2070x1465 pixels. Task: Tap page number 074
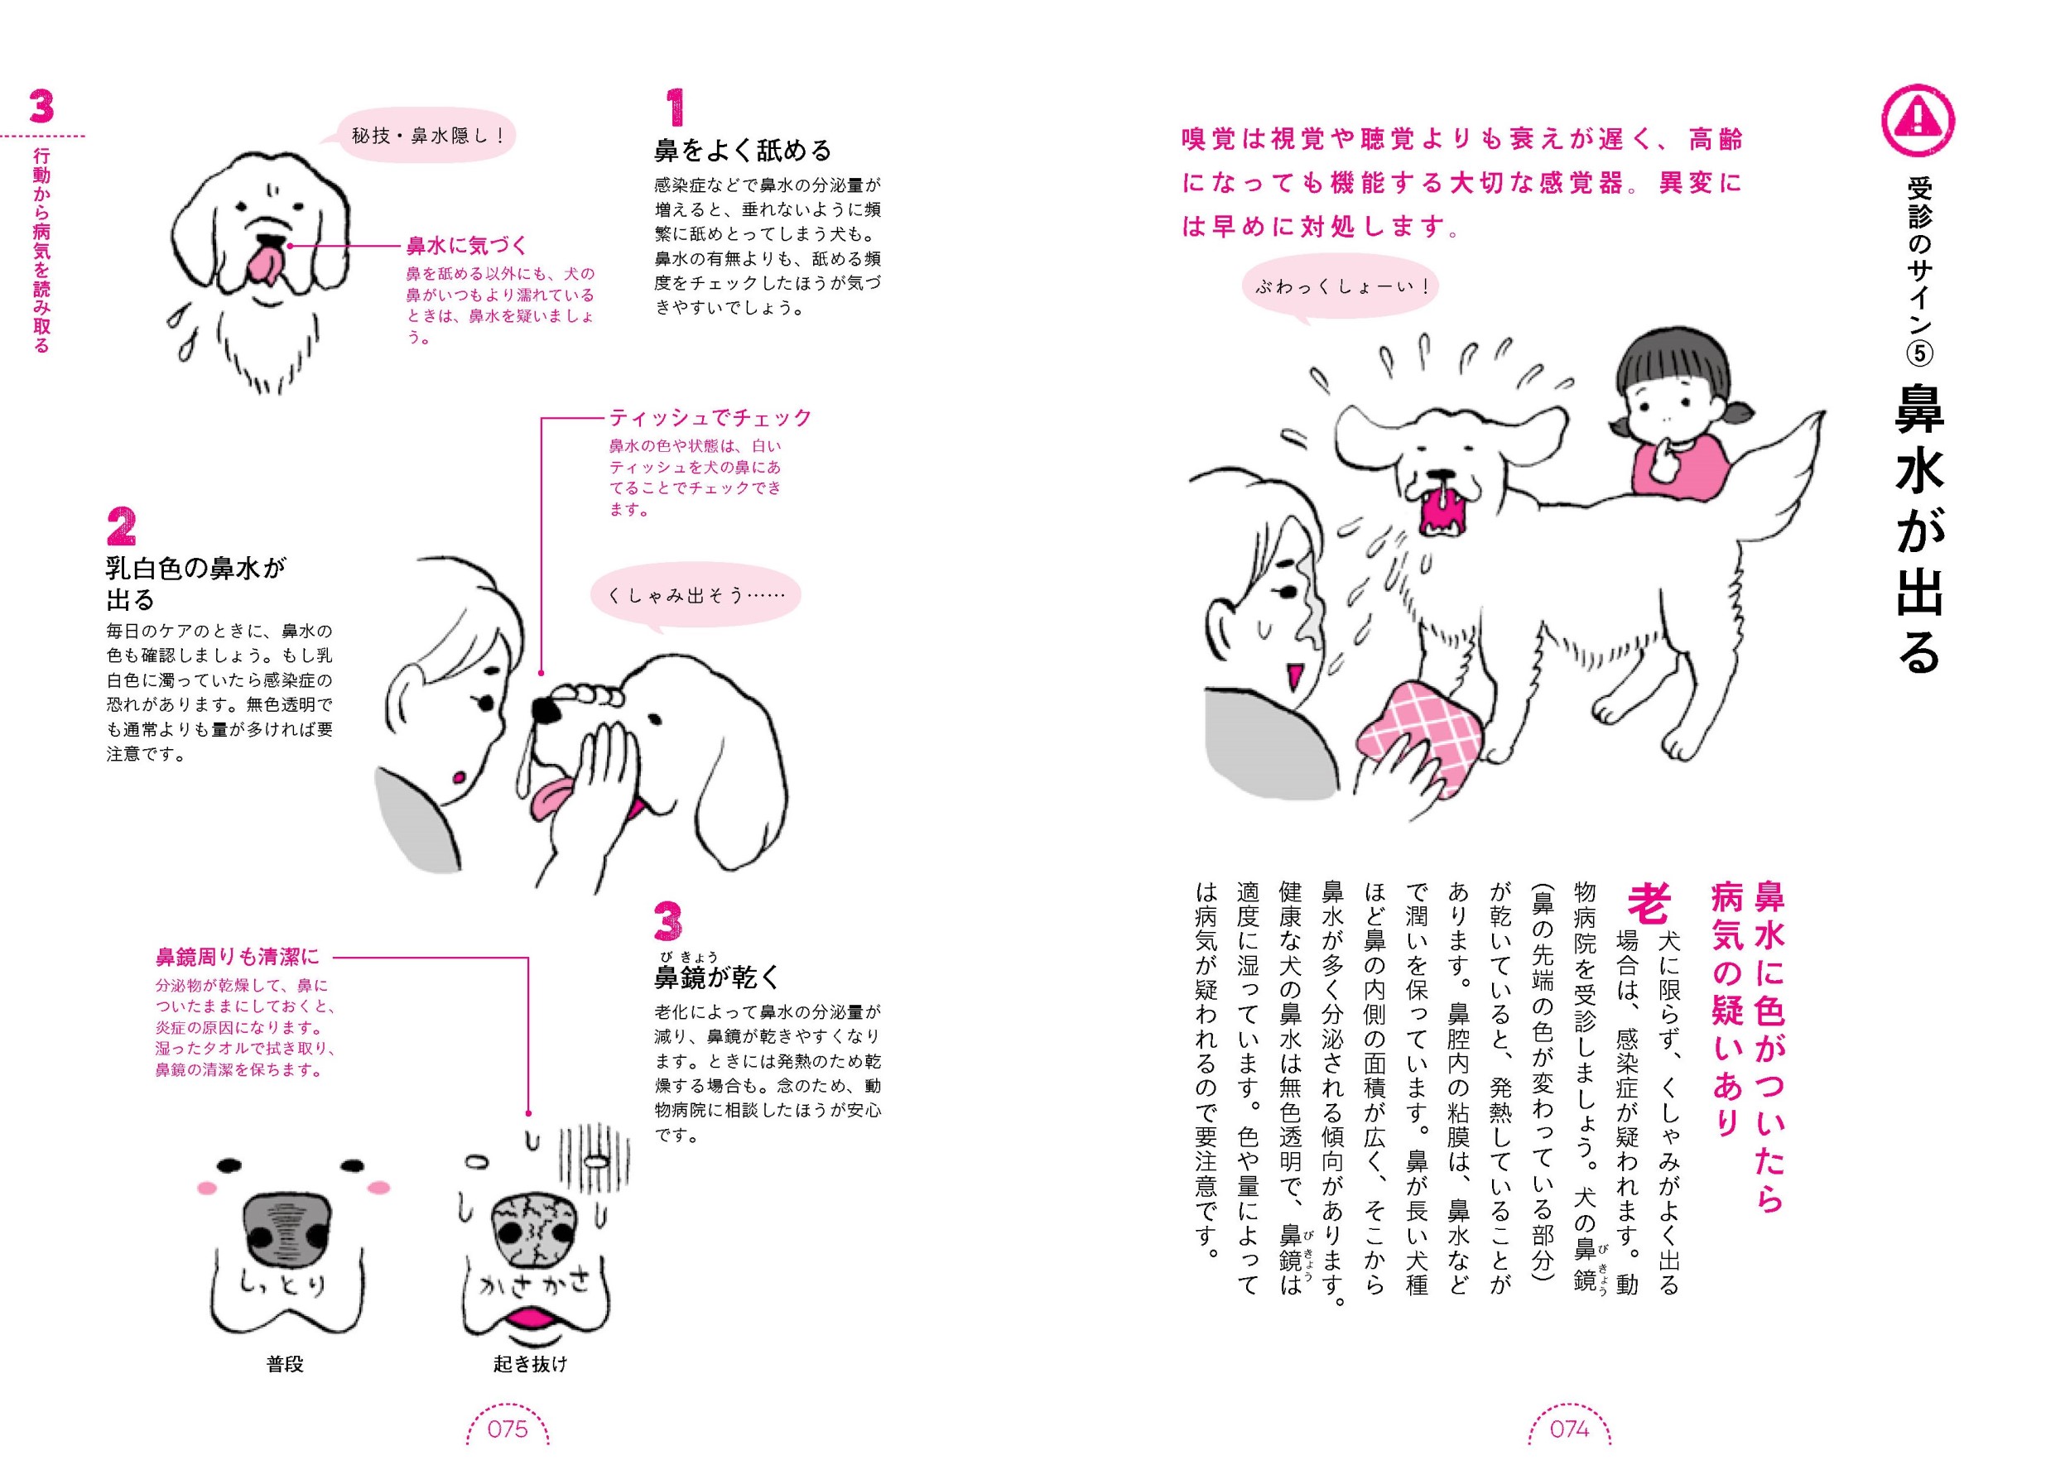tap(1569, 1428)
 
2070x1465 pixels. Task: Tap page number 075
tap(507, 1428)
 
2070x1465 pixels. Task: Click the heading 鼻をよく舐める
tap(743, 151)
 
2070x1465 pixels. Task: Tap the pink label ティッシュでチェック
tap(710, 418)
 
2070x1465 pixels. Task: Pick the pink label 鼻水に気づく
tap(466, 245)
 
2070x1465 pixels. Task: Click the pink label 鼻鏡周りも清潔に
tap(238, 957)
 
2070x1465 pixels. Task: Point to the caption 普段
tap(285, 1364)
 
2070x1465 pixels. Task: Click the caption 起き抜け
tap(531, 1364)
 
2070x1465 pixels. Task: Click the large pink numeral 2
tap(121, 527)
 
